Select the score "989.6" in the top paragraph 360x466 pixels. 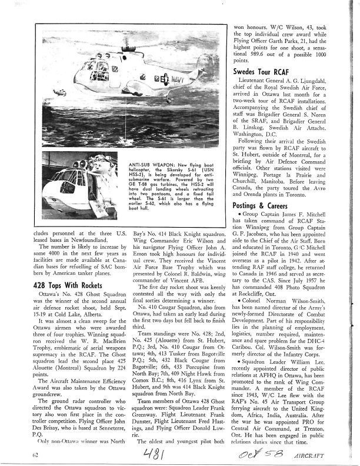coord(257,52)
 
